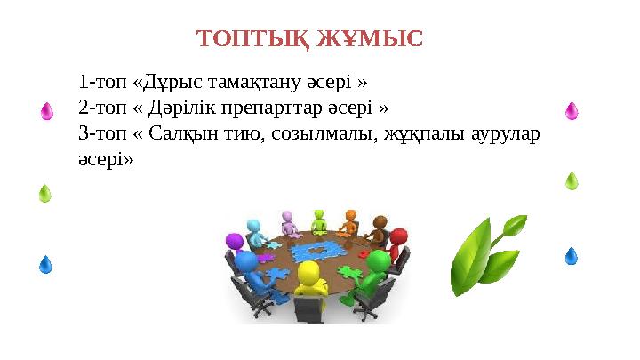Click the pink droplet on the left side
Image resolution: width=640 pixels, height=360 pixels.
(47, 111)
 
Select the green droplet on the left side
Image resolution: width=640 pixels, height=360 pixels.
(44, 194)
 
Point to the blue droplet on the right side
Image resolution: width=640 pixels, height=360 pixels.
(572, 256)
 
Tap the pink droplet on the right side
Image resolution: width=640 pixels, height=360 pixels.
(572, 110)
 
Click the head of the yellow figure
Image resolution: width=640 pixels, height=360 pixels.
(310, 272)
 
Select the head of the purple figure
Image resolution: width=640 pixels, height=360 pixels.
(235, 241)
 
